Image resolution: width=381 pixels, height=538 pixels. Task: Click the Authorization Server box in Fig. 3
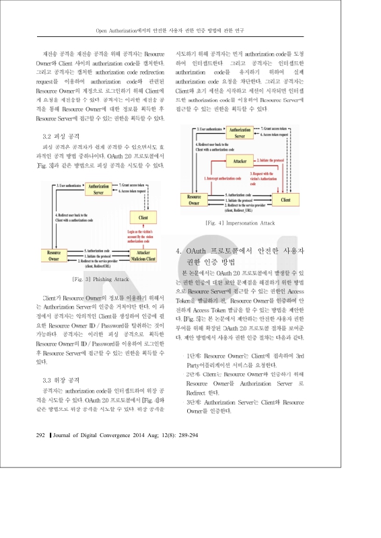(100, 187)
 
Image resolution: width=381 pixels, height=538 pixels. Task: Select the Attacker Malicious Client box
(139, 256)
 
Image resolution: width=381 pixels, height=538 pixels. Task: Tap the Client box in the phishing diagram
(143, 218)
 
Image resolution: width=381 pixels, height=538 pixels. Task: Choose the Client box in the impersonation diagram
(285, 200)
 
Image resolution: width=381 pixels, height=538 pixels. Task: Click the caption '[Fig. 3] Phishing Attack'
(101, 278)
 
